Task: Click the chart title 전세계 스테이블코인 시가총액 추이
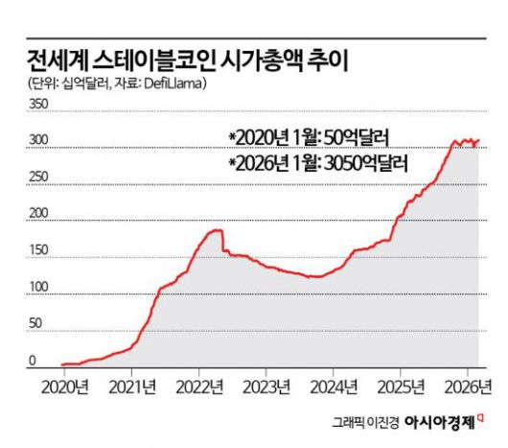click(x=188, y=60)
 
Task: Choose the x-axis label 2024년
click(x=336, y=387)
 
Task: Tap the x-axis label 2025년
click(x=403, y=387)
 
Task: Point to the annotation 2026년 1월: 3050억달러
click(x=318, y=163)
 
